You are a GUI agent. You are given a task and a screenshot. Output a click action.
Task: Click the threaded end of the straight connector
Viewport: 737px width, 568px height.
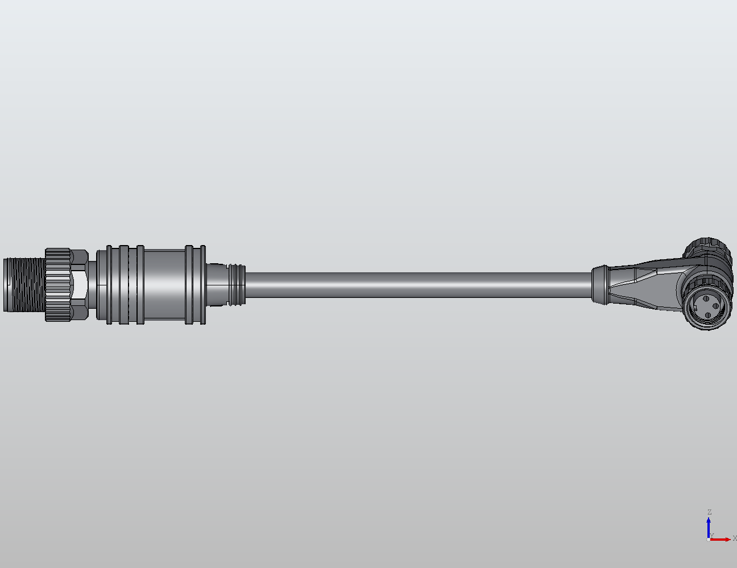23,284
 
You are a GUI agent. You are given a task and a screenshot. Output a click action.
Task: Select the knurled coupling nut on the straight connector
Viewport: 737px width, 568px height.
58,284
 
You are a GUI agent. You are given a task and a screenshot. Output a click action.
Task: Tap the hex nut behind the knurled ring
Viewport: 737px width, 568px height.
80,284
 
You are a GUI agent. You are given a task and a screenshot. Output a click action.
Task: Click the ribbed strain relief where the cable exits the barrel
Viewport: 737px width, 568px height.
235,284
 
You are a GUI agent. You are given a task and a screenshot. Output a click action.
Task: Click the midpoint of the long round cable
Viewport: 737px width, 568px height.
418,284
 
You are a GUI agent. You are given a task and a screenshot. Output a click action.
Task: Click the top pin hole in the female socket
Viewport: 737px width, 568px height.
706,298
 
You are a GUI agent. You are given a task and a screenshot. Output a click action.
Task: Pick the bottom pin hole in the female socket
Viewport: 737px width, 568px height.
708,315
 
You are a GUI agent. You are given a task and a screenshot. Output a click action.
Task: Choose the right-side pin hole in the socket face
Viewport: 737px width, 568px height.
715,306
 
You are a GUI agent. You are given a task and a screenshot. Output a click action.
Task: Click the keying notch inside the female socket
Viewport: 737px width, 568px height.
695,308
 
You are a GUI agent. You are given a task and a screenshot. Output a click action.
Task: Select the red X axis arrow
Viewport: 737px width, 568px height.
722,539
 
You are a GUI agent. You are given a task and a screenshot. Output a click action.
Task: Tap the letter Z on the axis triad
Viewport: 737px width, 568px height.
709,512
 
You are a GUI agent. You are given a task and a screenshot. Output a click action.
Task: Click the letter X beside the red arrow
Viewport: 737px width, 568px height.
734,538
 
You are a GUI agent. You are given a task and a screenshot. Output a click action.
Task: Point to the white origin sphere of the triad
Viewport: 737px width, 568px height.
709,539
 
